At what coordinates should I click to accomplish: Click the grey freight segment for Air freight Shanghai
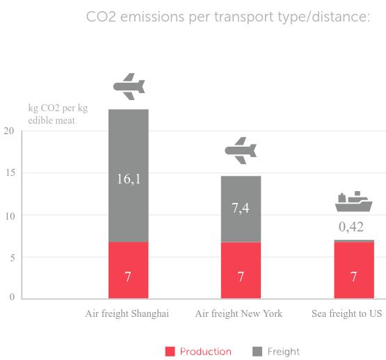pos(129,176)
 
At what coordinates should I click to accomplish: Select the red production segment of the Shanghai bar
pos(129,270)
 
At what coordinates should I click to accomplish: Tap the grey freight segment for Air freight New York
pos(241,209)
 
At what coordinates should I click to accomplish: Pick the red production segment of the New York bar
pos(241,270)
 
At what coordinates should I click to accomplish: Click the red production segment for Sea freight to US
pos(354,270)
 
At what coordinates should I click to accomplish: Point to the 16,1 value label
pos(129,179)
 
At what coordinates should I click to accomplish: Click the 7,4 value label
pos(241,208)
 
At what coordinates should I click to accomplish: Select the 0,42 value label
pos(351,227)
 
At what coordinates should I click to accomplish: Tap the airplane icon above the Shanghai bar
pos(129,87)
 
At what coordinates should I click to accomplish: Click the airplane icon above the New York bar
pos(241,151)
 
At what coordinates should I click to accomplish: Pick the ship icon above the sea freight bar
pos(354,202)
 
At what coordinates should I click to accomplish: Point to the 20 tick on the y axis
pos(8,131)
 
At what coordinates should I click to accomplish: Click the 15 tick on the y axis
pos(10,173)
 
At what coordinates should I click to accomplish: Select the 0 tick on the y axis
pos(12,297)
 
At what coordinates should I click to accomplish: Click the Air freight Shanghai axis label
pos(127,313)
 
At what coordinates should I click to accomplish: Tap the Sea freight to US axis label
pos(347,313)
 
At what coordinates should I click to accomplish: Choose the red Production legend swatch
pos(170,352)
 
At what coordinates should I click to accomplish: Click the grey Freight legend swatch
pos(257,352)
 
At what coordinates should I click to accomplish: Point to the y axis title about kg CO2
pos(58,114)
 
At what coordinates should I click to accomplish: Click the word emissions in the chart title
pos(152,17)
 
